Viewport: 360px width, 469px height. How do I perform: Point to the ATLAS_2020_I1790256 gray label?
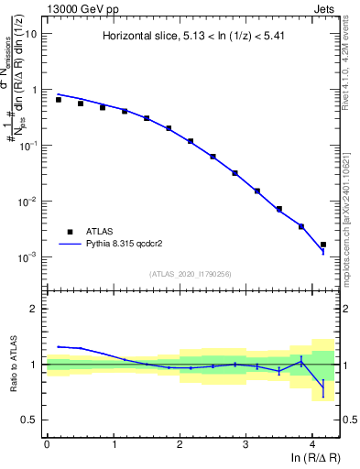[190, 274]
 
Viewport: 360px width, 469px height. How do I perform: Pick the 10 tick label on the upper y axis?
[31, 34]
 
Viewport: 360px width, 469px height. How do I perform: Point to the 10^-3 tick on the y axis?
[28, 257]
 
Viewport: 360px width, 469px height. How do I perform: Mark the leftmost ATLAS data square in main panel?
[59, 99]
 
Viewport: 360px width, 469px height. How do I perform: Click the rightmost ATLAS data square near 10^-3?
[322, 245]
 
